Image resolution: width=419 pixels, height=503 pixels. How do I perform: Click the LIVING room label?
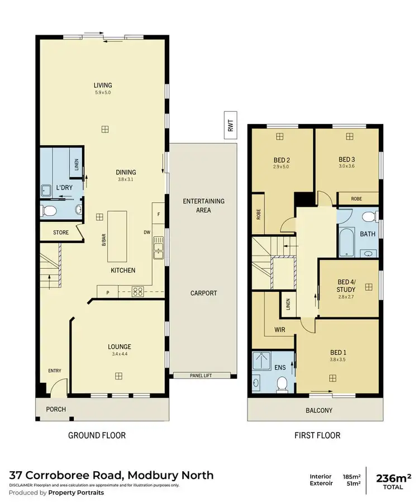tap(102, 86)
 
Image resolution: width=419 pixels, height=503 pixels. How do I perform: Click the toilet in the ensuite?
tap(283, 382)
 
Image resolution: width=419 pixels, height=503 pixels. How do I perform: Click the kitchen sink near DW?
tap(158, 247)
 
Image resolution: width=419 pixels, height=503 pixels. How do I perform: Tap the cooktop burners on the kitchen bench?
tap(137, 291)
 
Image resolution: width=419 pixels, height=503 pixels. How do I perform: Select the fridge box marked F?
tap(159, 214)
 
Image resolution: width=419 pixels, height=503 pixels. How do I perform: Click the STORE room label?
tap(60, 232)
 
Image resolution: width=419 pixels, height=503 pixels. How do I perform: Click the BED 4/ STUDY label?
tap(346, 286)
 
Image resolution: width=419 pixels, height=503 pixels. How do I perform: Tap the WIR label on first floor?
tap(280, 330)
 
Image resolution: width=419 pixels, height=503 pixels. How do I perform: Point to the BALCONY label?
tap(318, 411)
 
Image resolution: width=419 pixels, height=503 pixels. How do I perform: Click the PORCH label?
tap(56, 409)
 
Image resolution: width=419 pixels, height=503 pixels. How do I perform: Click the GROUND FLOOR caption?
tap(97, 435)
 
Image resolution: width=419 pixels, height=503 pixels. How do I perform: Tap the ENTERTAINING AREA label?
tap(203, 205)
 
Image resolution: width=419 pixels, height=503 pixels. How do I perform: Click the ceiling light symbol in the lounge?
tap(119, 377)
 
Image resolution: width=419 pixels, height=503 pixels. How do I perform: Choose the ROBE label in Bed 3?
tap(356, 198)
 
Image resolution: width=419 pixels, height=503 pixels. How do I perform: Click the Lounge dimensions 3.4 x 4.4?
tap(119, 354)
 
